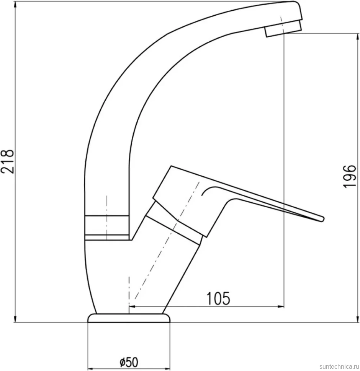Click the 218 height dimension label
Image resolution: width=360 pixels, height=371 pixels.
[x=7, y=161]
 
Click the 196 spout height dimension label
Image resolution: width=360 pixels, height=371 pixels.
[x=349, y=176]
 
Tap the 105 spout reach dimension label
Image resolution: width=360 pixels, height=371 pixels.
[x=218, y=298]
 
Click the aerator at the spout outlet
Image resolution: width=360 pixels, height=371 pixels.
[x=283, y=29]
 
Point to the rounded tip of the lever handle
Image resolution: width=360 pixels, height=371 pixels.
[x=322, y=219]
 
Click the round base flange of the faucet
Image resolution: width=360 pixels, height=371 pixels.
[x=129, y=318]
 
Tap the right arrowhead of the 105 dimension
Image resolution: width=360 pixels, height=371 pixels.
[x=281, y=307]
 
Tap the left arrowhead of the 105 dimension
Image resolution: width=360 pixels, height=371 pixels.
[x=132, y=307]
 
